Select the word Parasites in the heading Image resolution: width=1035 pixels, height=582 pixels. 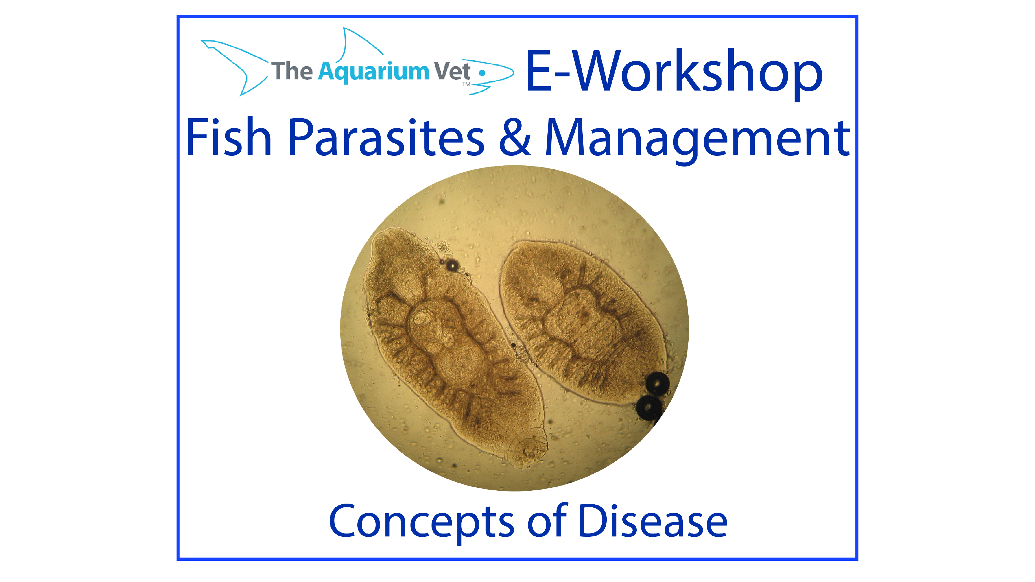tap(386, 137)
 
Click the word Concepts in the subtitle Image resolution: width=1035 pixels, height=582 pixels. tap(421, 521)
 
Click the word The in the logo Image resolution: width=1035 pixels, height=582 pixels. tap(292, 71)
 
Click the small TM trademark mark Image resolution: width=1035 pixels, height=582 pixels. tap(466, 84)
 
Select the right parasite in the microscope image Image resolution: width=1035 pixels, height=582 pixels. tap(582, 321)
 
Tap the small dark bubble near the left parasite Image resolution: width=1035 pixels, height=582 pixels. tap(453, 265)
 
